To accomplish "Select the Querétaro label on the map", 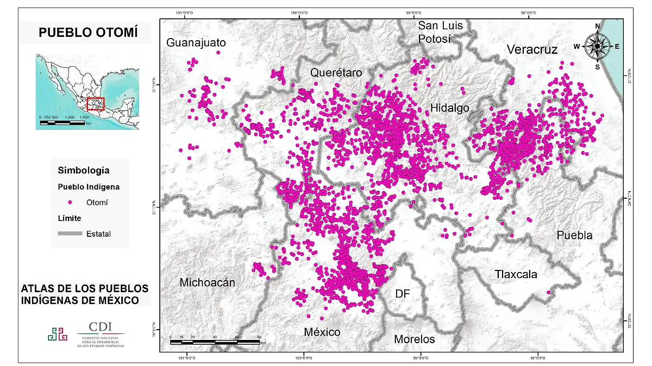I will click(x=336, y=73).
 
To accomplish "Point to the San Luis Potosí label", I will click(x=440, y=32).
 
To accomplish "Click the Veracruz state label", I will click(x=532, y=50).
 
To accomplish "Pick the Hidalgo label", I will click(x=449, y=108).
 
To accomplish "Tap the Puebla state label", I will click(x=574, y=235).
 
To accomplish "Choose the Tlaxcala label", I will click(x=516, y=274).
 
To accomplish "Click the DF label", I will click(x=402, y=294).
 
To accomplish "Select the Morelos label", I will click(x=415, y=339).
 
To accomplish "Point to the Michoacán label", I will click(x=207, y=282).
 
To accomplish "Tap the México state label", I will click(x=322, y=332).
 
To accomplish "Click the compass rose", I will click(x=597, y=47).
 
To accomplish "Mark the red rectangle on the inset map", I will click(x=95, y=103).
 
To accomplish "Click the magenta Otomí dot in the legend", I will click(x=70, y=203).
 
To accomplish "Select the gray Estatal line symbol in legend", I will click(x=70, y=234).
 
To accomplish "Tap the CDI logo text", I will click(x=101, y=326).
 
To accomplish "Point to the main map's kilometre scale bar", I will click(x=215, y=342).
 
